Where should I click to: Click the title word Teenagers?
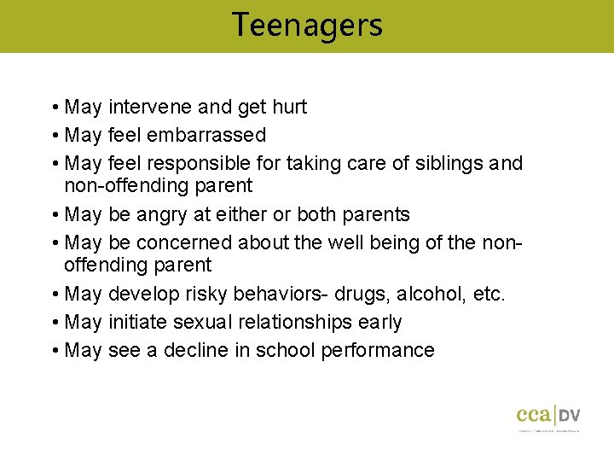[307, 25]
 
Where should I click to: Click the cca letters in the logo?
[534, 416]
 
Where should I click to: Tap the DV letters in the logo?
[570, 416]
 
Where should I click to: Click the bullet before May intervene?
[54, 108]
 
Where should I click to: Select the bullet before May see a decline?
[54, 351]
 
